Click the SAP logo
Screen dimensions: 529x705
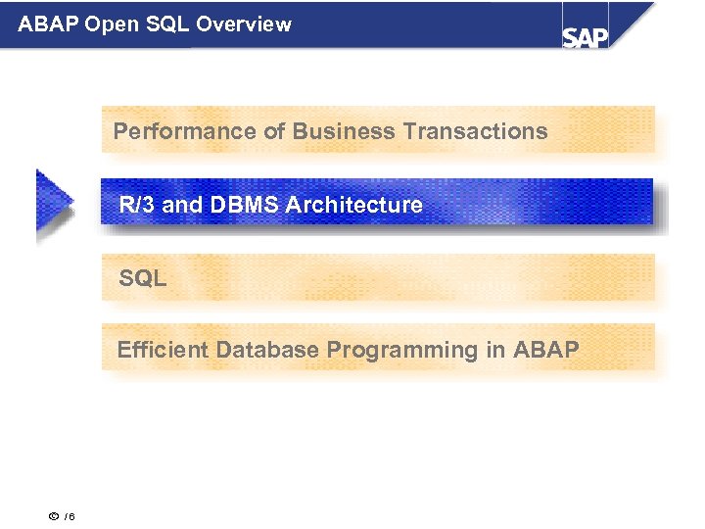pos(585,36)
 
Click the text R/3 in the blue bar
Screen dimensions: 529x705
pos(133,205)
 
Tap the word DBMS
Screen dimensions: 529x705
pos(232,205)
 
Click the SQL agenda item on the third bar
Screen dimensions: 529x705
pos(143,278)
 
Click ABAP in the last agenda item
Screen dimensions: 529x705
pos(545,350)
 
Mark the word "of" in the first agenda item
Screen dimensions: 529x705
pos(271,131)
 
